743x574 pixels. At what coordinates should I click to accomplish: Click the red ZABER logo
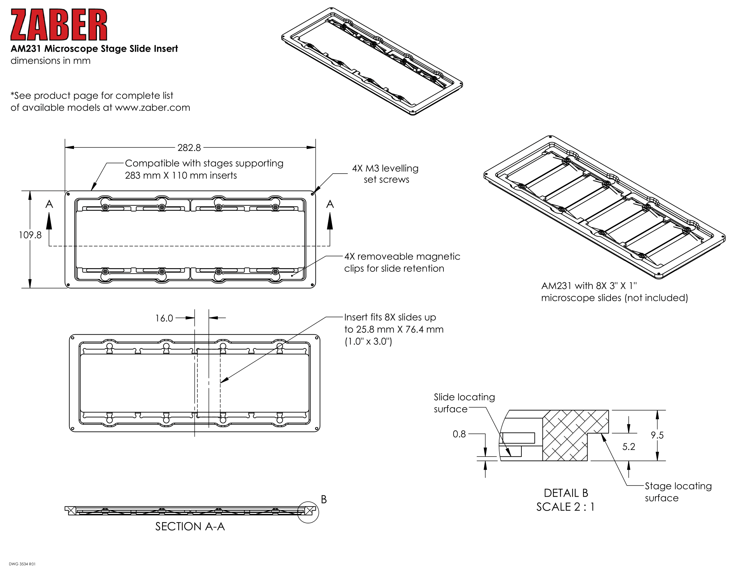click(58, 25)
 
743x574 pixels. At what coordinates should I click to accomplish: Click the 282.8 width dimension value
click(189, 148)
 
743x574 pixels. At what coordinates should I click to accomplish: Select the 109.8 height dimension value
click(30, 235)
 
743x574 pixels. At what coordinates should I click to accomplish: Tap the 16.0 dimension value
click(164, 318)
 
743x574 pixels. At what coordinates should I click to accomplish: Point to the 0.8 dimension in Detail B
click(459, 434)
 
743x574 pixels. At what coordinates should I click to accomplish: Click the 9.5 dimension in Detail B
click(657, 435)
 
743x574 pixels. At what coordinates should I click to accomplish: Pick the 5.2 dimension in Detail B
click(629, 446)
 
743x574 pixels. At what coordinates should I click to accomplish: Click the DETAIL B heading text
click(566, 493)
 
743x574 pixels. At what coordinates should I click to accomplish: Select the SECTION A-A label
click(190, 526)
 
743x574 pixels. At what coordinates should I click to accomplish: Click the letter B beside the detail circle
click(324, 499)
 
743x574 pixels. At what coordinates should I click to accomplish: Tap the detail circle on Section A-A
click(308, 512)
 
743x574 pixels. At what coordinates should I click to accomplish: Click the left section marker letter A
click(49, 204)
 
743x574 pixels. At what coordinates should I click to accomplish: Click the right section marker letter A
click(330, 204)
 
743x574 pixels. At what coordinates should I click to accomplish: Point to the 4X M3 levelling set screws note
click(385, 174)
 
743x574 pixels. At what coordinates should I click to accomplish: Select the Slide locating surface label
click(464, 403)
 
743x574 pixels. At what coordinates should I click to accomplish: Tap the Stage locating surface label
click(678, 492)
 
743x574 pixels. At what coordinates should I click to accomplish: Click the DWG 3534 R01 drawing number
click(22, 564)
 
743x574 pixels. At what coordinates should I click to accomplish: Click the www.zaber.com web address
click(152, 107)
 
